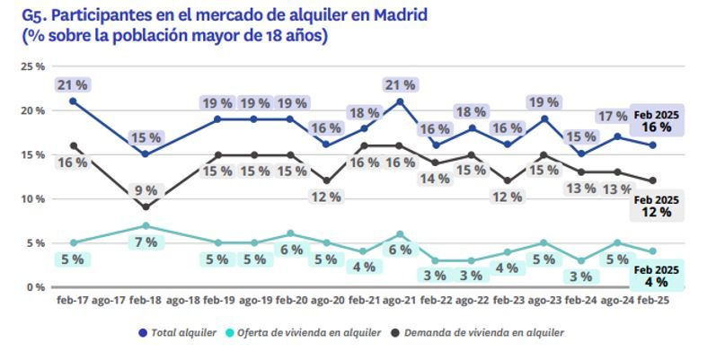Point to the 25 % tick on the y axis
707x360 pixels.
(x=33, y=67)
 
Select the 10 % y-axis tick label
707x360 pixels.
(x=33, y=199)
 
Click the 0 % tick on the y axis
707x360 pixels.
(x=36, y=287)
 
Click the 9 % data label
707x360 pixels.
(x=146, y=190)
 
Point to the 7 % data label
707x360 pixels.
(x=146, y=242)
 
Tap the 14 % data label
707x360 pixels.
(x=435, y=179)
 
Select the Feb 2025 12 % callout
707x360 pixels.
(x=653, y=206)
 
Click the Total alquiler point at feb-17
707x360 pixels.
(x=72, y=101)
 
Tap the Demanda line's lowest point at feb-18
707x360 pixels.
(x=146, y=207)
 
